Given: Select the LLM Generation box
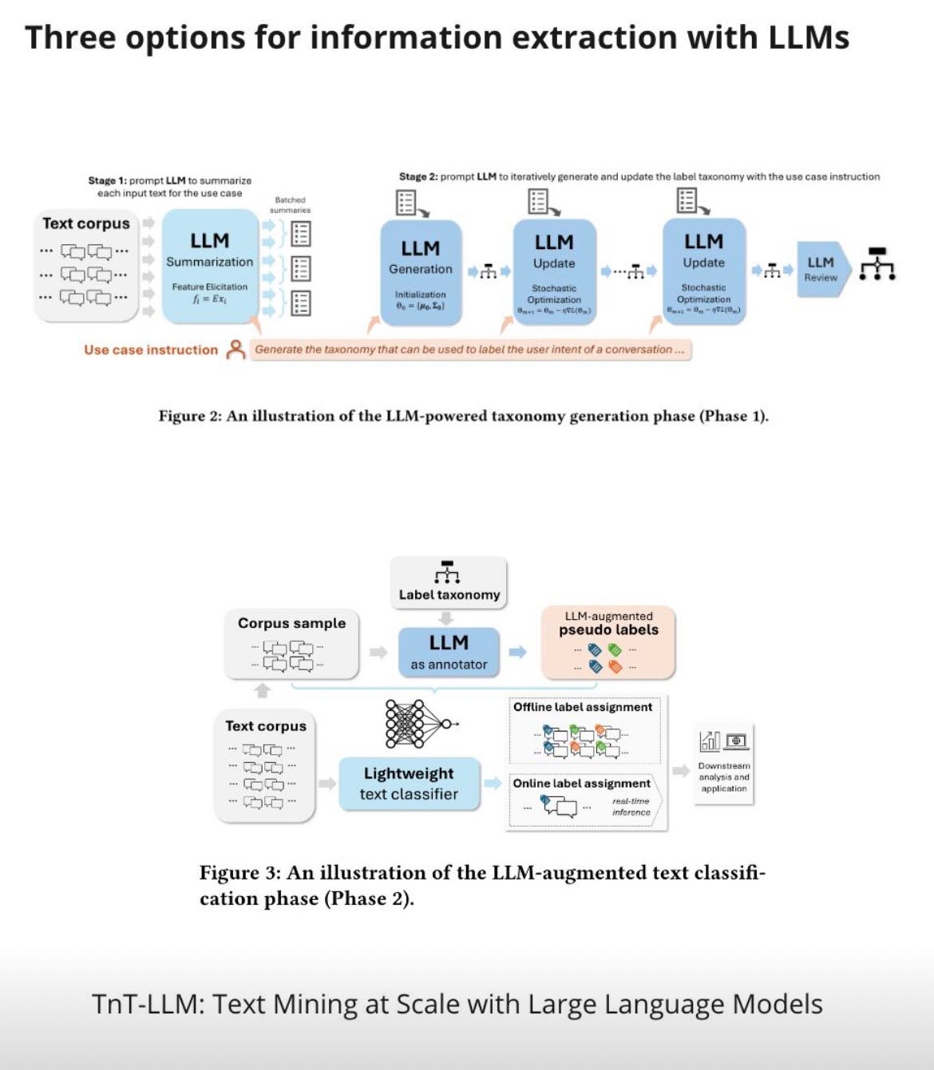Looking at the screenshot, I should click(421, 272).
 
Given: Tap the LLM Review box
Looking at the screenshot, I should click(820, 269).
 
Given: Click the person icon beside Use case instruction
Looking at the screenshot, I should click(235, 349).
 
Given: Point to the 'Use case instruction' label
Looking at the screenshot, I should click(151, 349).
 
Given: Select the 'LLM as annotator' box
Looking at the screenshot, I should click(449, 652).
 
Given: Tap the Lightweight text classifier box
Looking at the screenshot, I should click(409, 784).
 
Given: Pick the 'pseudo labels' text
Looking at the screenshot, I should click(608, 630).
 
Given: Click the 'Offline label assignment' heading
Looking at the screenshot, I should click(583, 707).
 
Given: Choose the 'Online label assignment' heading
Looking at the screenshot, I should click(581, 784).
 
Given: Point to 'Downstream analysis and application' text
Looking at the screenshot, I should click(724, 777).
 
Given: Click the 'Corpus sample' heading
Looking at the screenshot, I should click(291, 623).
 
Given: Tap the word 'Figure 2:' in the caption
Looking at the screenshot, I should click(189, 416).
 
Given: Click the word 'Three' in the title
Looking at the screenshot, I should click(69, 38).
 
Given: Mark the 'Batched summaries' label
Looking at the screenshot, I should click(290, 205).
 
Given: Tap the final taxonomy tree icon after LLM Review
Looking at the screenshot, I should click(877, 264).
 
